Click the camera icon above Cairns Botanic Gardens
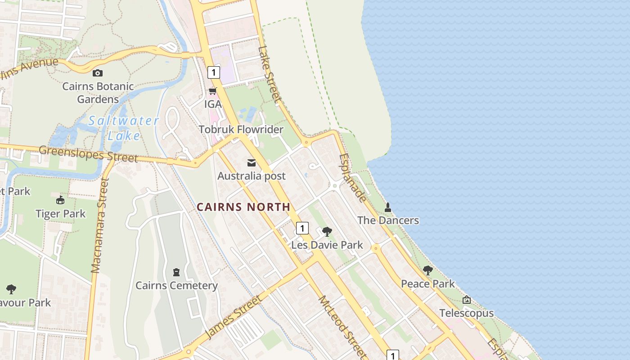pyautogui.click(x=98, y=73)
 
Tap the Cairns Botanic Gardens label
pyautogui.click(x=98, y=93)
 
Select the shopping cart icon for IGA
pyautogui.click(x=212, y=91)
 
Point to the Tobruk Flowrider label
pyautogui.click(x=241, y=130)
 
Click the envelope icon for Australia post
pyautogui.click(x=252, y=162)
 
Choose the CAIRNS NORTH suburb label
pyautogui.click(x=243, y=207)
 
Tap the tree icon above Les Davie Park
pyautogui.click(x=327, y=232)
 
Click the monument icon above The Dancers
pyautogui.click(x=388, y=207)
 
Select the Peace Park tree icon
pyautogui.click(x=427, y=270)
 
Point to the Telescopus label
pyautogui.click(x=466, y=313)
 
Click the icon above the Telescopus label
pyautogui.click(x=467, y=300)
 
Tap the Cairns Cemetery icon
pyautogui.click(x=176, y=272)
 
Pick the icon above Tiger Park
pyautogui.click(x=60, y=200)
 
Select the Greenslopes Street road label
pyautogui.click(x=88, y=153)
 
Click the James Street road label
pyautogui.click(x=233, y=317)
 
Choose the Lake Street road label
pyautogui.click(x=270, y=74)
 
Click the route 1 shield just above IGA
pyautogui.click(x=213, y=72)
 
